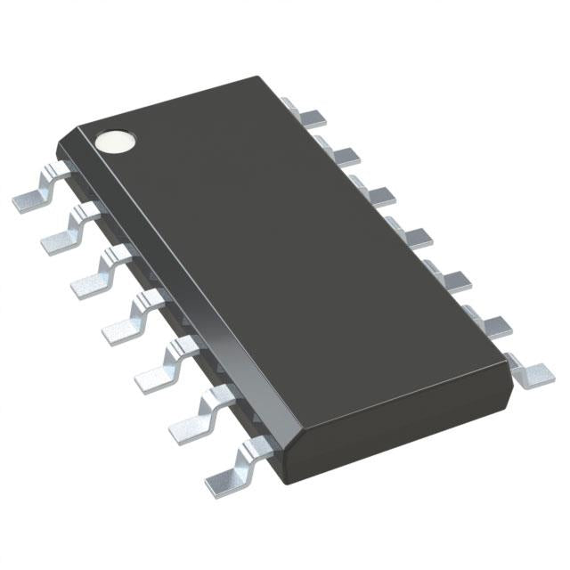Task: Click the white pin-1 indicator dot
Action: (x=115, y=140)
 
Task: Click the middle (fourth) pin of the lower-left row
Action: (x=125, y=321)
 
